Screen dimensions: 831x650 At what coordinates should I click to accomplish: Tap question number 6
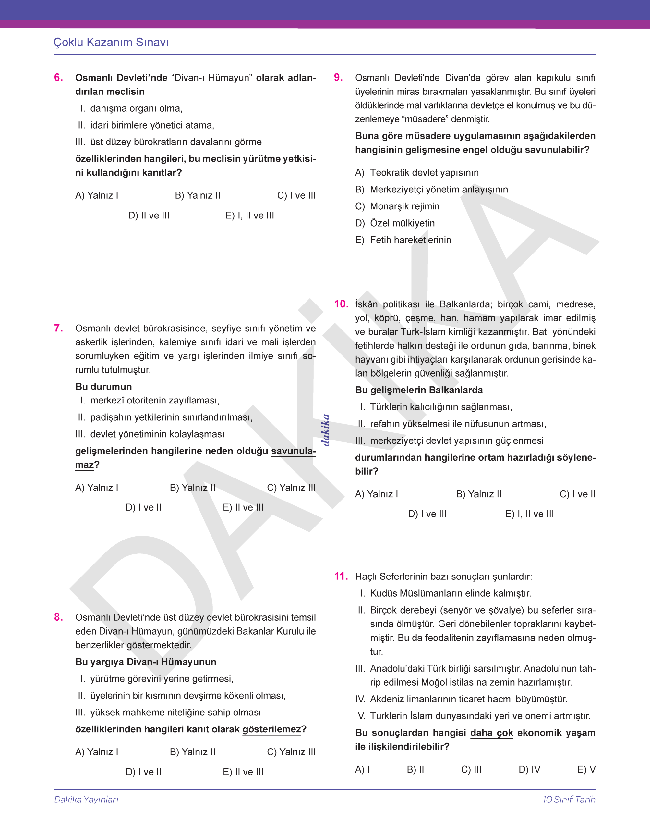coord(59,77)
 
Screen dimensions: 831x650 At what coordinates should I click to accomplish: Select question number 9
coord(338,77)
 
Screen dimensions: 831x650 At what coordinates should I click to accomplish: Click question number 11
coord(341,576)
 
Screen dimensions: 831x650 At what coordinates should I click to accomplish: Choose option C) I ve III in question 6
coord(296,195)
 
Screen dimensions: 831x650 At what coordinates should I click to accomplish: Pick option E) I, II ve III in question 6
coord(249,216)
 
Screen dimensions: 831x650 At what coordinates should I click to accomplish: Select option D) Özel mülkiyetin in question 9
coord(395,223)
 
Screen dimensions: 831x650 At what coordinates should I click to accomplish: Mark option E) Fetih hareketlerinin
coord(403,240)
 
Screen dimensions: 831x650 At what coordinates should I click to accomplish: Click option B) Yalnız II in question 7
coord(192,488)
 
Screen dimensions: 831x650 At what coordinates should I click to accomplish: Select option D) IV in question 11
coord(529,769)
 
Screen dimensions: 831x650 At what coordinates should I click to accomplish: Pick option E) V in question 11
coord(586,769)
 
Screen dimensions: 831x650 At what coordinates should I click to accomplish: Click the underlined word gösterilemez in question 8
coord(271,729)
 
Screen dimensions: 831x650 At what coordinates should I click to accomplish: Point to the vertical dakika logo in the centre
coord(325,430)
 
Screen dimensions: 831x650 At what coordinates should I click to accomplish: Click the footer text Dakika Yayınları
coord(86,800)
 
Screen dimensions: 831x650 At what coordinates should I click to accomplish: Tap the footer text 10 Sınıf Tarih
coord(569,800)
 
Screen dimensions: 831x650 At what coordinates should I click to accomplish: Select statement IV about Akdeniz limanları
coord(461,699)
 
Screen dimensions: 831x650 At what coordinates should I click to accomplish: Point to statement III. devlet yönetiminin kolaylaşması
coord(150,434)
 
